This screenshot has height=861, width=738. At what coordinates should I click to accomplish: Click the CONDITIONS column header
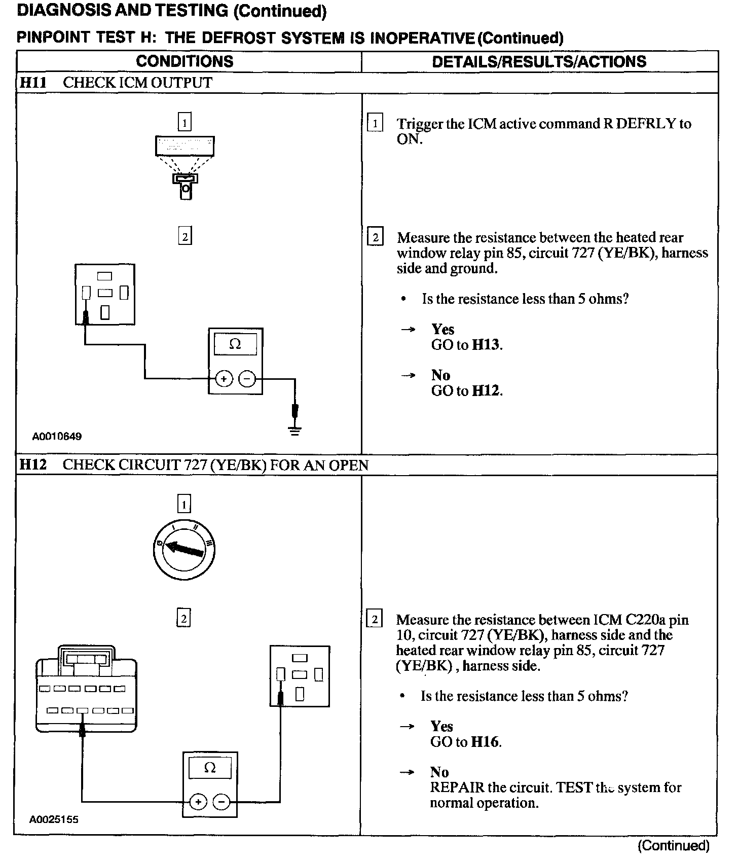pyautogui.click(x=184, y=61)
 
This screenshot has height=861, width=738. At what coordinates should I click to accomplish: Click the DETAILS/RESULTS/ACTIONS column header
pyautogui.click(x=539, y=61)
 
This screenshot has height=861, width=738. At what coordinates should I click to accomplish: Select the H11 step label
pyautogui.click(x=33, y=83)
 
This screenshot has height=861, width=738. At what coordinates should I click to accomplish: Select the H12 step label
pyautogui.click(x=33, y=465)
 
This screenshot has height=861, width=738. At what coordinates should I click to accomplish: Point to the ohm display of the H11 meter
pyautogui.click(x=235, y=345)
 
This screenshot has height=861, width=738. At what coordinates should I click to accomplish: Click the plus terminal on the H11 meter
pyautogui.click(x=224, y=378)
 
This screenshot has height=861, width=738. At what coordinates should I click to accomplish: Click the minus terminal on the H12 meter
pyautogui.click(x=222, y=802)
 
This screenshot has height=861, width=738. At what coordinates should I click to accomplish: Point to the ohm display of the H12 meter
pyautogui.click(x=209, y=768)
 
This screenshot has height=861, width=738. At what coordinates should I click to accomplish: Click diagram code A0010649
pyautogui.click(x=57, y=436)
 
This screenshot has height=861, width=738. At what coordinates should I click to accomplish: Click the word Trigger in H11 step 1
pyautogui.click(x=420, y=124)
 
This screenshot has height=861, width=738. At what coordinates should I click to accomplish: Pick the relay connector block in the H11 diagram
pyautogui.click(x=105, y=294)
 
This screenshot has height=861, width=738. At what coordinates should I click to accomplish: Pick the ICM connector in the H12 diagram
pyautogui.click(x=86, y=690)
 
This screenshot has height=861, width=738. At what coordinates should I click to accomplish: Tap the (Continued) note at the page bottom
pyautogui.click(x=674, y=845)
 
